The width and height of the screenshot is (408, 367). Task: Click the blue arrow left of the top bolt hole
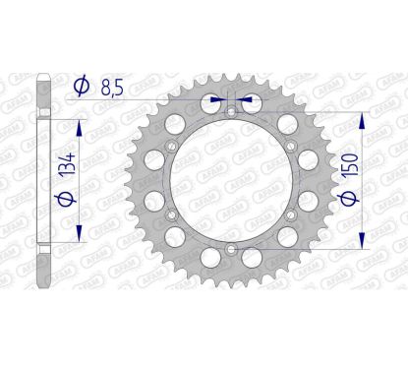(x=218, y=99)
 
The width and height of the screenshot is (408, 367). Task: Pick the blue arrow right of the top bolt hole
(x=244, y=99)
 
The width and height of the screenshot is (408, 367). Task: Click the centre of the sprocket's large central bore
(x=230, y=181)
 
